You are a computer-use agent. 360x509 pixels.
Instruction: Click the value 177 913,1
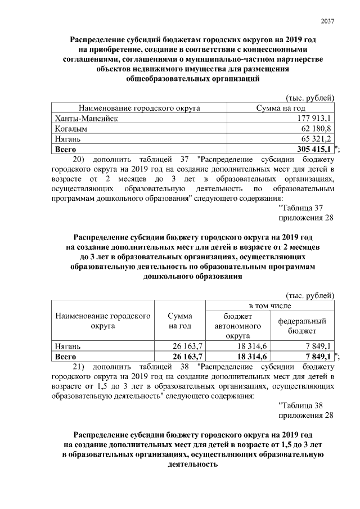[316, 118]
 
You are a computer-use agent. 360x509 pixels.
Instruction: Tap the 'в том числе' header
[270, 305]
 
